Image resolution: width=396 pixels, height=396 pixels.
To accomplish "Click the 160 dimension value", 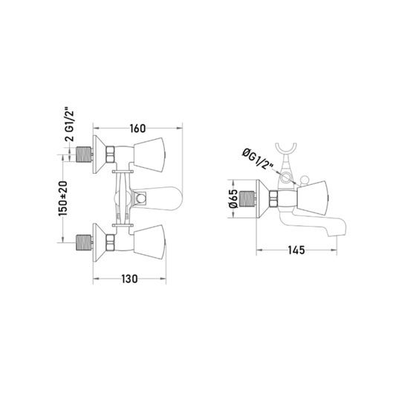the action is pos(137,129).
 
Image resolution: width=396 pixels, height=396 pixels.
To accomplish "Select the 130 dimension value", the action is pos(129,279).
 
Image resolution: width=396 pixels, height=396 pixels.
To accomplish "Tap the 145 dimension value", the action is pos(296,250).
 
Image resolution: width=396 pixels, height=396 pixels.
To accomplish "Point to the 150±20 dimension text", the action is pos(63,198).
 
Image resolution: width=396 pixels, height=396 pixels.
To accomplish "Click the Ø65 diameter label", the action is pos(233,198).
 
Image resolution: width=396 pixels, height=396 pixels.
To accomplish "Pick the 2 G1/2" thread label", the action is pos(69,125).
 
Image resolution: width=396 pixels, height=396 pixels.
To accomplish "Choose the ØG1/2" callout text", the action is pos(257,158).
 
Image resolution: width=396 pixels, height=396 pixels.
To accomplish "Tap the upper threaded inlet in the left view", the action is pos(84,155).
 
